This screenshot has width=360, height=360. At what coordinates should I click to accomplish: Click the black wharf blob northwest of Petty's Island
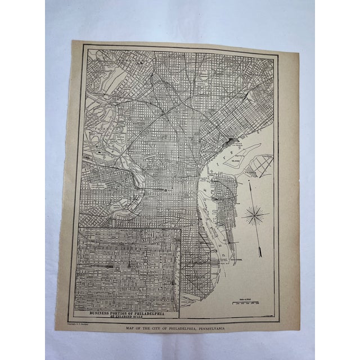231,142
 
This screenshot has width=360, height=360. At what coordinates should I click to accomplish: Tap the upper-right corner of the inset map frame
180,228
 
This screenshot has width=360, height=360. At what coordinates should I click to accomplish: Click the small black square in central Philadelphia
167,190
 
